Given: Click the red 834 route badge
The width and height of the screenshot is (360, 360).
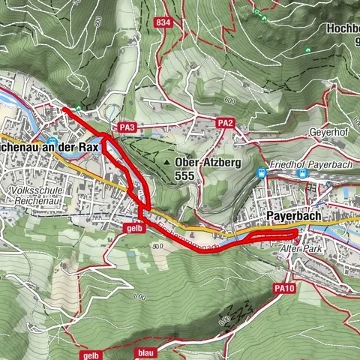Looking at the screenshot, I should coord(163,22).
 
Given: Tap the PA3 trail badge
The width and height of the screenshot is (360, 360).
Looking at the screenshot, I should coord(127,128).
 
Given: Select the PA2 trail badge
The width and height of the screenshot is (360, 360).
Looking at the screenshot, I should coord(225,123).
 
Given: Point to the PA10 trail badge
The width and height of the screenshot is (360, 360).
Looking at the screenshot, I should coord(283,288).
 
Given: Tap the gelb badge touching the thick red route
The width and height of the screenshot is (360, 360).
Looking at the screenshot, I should coord(133,228).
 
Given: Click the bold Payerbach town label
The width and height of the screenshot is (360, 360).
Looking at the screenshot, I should coord(293,217).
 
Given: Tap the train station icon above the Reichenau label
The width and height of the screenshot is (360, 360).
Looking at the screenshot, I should coord(52,140).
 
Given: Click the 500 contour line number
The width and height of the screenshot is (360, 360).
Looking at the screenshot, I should coord(157,245).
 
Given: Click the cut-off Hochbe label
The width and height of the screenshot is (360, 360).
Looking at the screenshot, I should coord(343,29).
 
